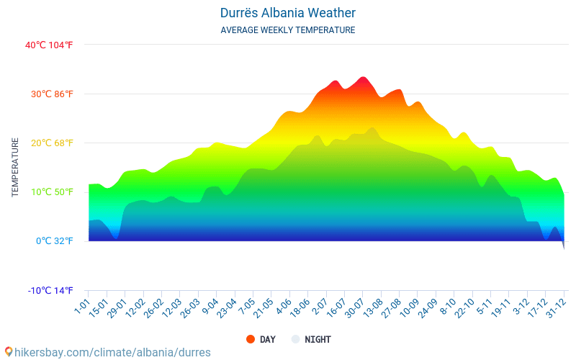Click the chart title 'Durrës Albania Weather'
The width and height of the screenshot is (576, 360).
[288, 13]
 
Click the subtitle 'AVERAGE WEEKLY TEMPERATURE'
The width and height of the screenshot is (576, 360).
[288, 30]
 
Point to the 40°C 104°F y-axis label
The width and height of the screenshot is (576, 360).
[49, 45]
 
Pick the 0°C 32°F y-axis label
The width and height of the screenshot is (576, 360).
[55, 240]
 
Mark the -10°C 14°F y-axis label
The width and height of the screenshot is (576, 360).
[50, 290]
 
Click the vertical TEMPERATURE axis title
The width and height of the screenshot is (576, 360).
[15, 167]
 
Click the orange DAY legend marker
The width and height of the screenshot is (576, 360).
[251, 339]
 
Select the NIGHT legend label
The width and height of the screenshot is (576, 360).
[318, 339]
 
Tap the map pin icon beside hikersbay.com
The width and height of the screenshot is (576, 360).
[8, 352]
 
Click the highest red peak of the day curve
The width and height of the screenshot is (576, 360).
[363, 78]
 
